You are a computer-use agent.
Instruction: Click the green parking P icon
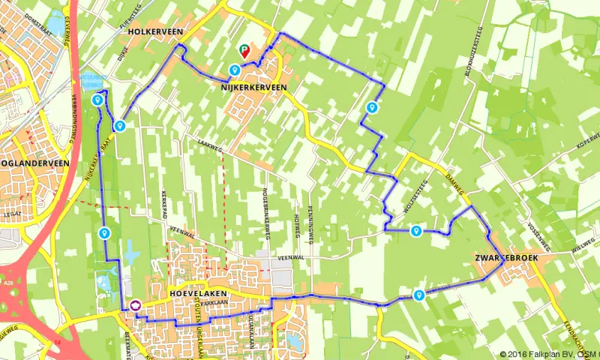(x=244, y=51)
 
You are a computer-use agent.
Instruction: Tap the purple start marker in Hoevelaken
(x=135, y=305)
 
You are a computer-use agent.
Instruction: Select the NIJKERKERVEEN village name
(x=253, y=88)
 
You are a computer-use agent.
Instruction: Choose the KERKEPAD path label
(x=163, y=204)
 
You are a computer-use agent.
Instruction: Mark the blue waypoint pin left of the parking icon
(x=234, y=70)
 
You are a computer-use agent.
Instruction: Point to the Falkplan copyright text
(x=550, y=354)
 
